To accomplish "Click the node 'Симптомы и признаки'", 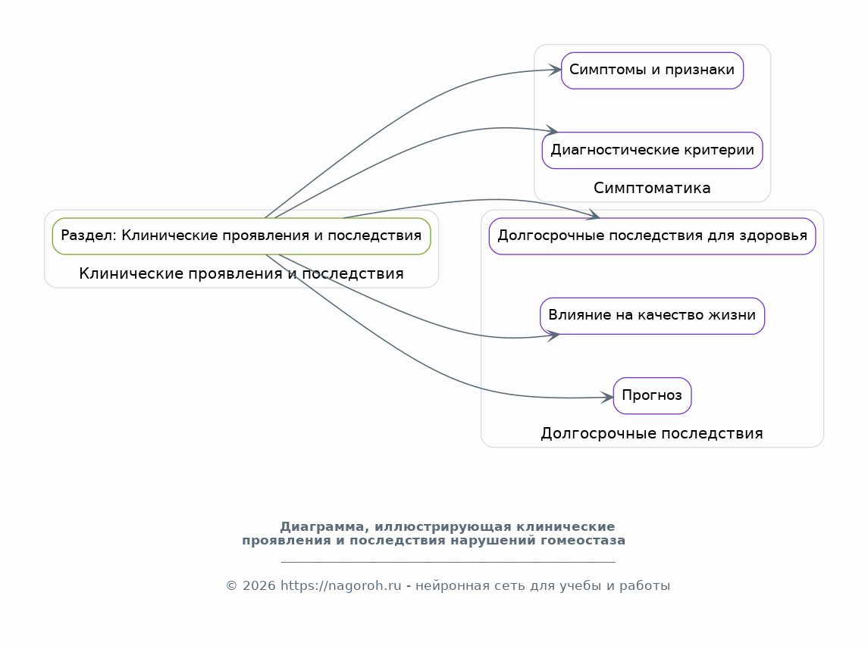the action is pyautogui.click(x=652, y=70).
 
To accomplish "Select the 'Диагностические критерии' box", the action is pyautogui.click(x=652, y=151).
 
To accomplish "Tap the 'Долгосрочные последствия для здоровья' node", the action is pyautogui.click(x=652, y=236).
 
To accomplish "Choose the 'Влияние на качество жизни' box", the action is pyautogui.click(x=652, y=316).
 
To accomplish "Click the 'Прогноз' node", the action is pyautogui.click(x=652, y=396).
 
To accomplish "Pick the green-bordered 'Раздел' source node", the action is pyautogui.click(x=241, y=236).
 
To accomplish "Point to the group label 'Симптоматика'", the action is pyautogui.click(x=652, y=188).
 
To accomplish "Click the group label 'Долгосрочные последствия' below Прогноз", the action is pyautogui.click(x=652, y=433).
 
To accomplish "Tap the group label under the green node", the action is pyautogui.click(x=241, y=273).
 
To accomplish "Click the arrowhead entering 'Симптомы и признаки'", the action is pyautogui.click(x=555, y=70).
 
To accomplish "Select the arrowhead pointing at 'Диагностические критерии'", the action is pyautogui.click(x=552, y=130).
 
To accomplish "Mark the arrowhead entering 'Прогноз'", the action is pyautogui.click(x=607, y=397).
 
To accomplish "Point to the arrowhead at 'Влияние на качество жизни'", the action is pyautogui.click(x=553, y=335).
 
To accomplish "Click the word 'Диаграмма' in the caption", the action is pyautogui.click(x=324, y=527).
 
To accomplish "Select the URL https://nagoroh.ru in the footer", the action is pyautogui.click(x=341, y=586).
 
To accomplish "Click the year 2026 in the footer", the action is pyautogui.click(x=259, y=586).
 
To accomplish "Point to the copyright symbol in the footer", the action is pyautogui.click(x=231, y=586).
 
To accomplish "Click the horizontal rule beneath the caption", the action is pyautogui.click(x=448, y=562).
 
